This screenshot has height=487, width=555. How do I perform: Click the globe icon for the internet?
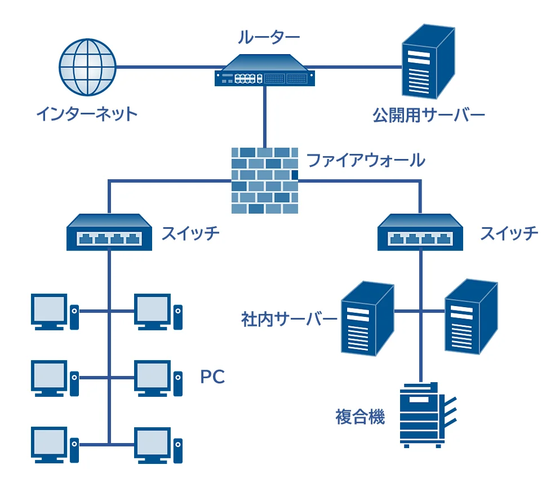(x=87, y=67)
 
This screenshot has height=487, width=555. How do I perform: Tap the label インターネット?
(x=86, y=114)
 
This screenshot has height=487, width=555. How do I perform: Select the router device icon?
(x=264, y=70)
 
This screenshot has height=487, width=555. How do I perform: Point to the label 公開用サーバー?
(x=428, y=115)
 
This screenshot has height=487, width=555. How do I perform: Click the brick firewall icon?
(x=264, y=180)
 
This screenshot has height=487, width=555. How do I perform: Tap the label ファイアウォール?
(x=365, y=160)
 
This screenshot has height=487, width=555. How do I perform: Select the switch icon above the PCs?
(x=110, y=232)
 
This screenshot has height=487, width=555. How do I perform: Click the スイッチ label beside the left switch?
(x=190, y=233)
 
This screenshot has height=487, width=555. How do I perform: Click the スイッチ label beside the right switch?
(x=509, y=233)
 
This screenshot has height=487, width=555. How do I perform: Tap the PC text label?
(x=212, y=377)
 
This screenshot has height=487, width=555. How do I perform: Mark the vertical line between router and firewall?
(x=264, y=116)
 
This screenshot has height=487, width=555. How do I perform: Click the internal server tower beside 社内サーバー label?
(x=367, y=319)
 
